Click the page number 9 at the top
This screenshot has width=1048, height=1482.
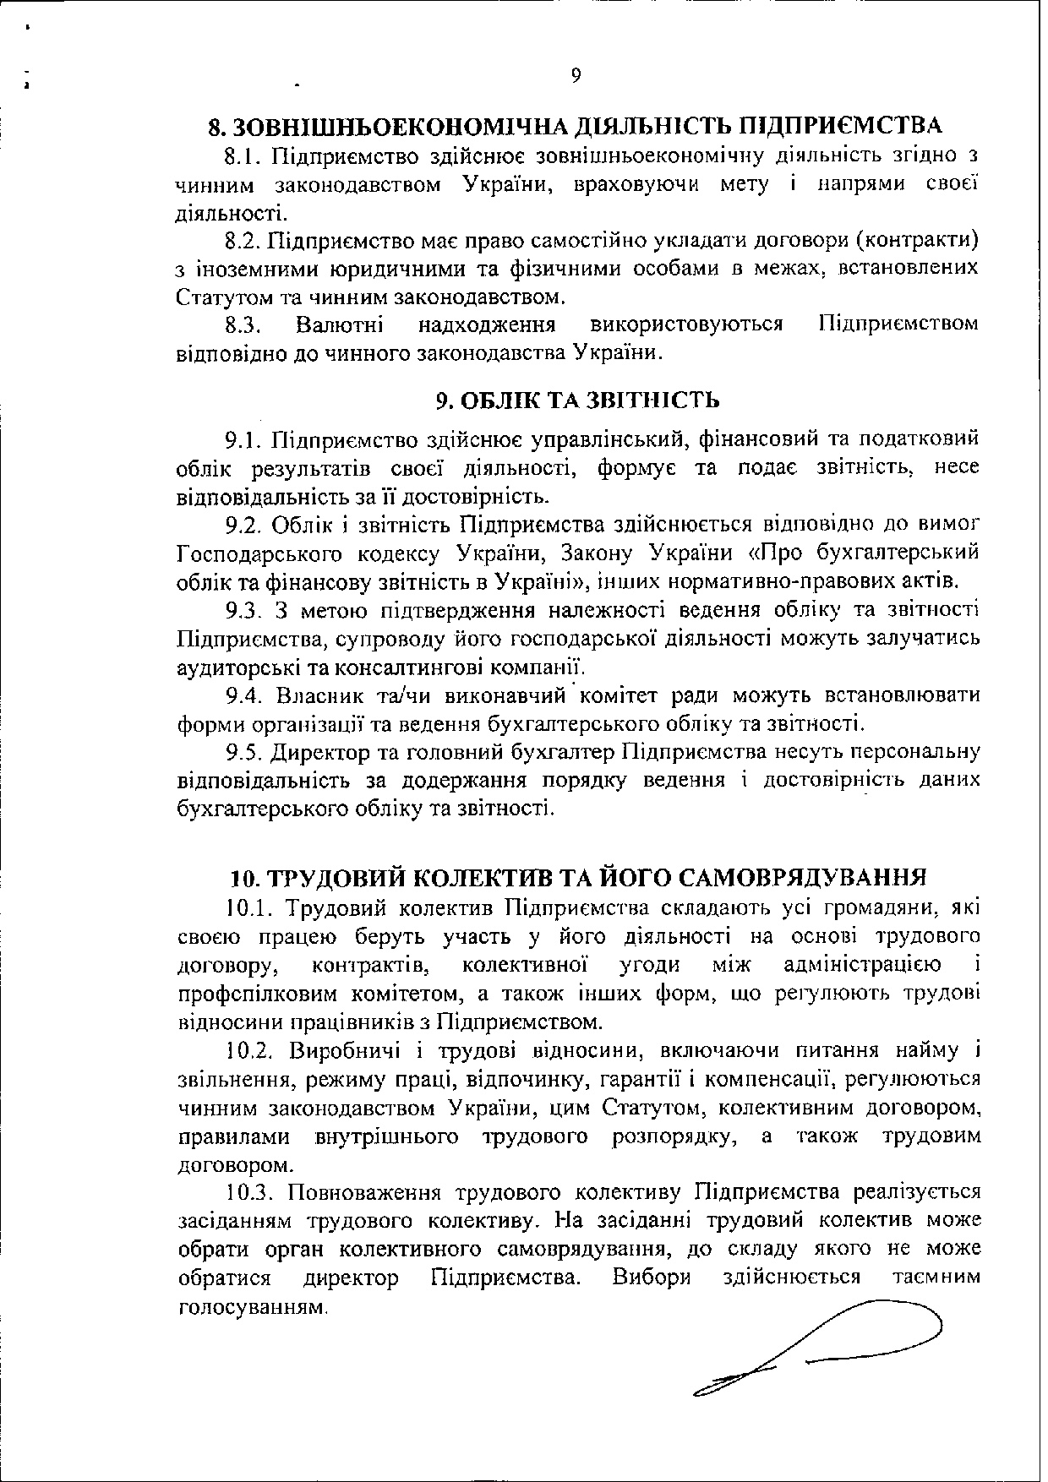pos(576,75)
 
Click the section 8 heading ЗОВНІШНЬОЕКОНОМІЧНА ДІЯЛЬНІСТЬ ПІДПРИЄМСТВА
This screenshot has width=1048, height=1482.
pos(575,127)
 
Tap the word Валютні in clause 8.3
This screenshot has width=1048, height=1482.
pos(340,324)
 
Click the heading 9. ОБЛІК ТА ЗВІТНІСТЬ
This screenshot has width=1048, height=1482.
pos(577,399)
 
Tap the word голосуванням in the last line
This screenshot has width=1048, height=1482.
pos(252,1307)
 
